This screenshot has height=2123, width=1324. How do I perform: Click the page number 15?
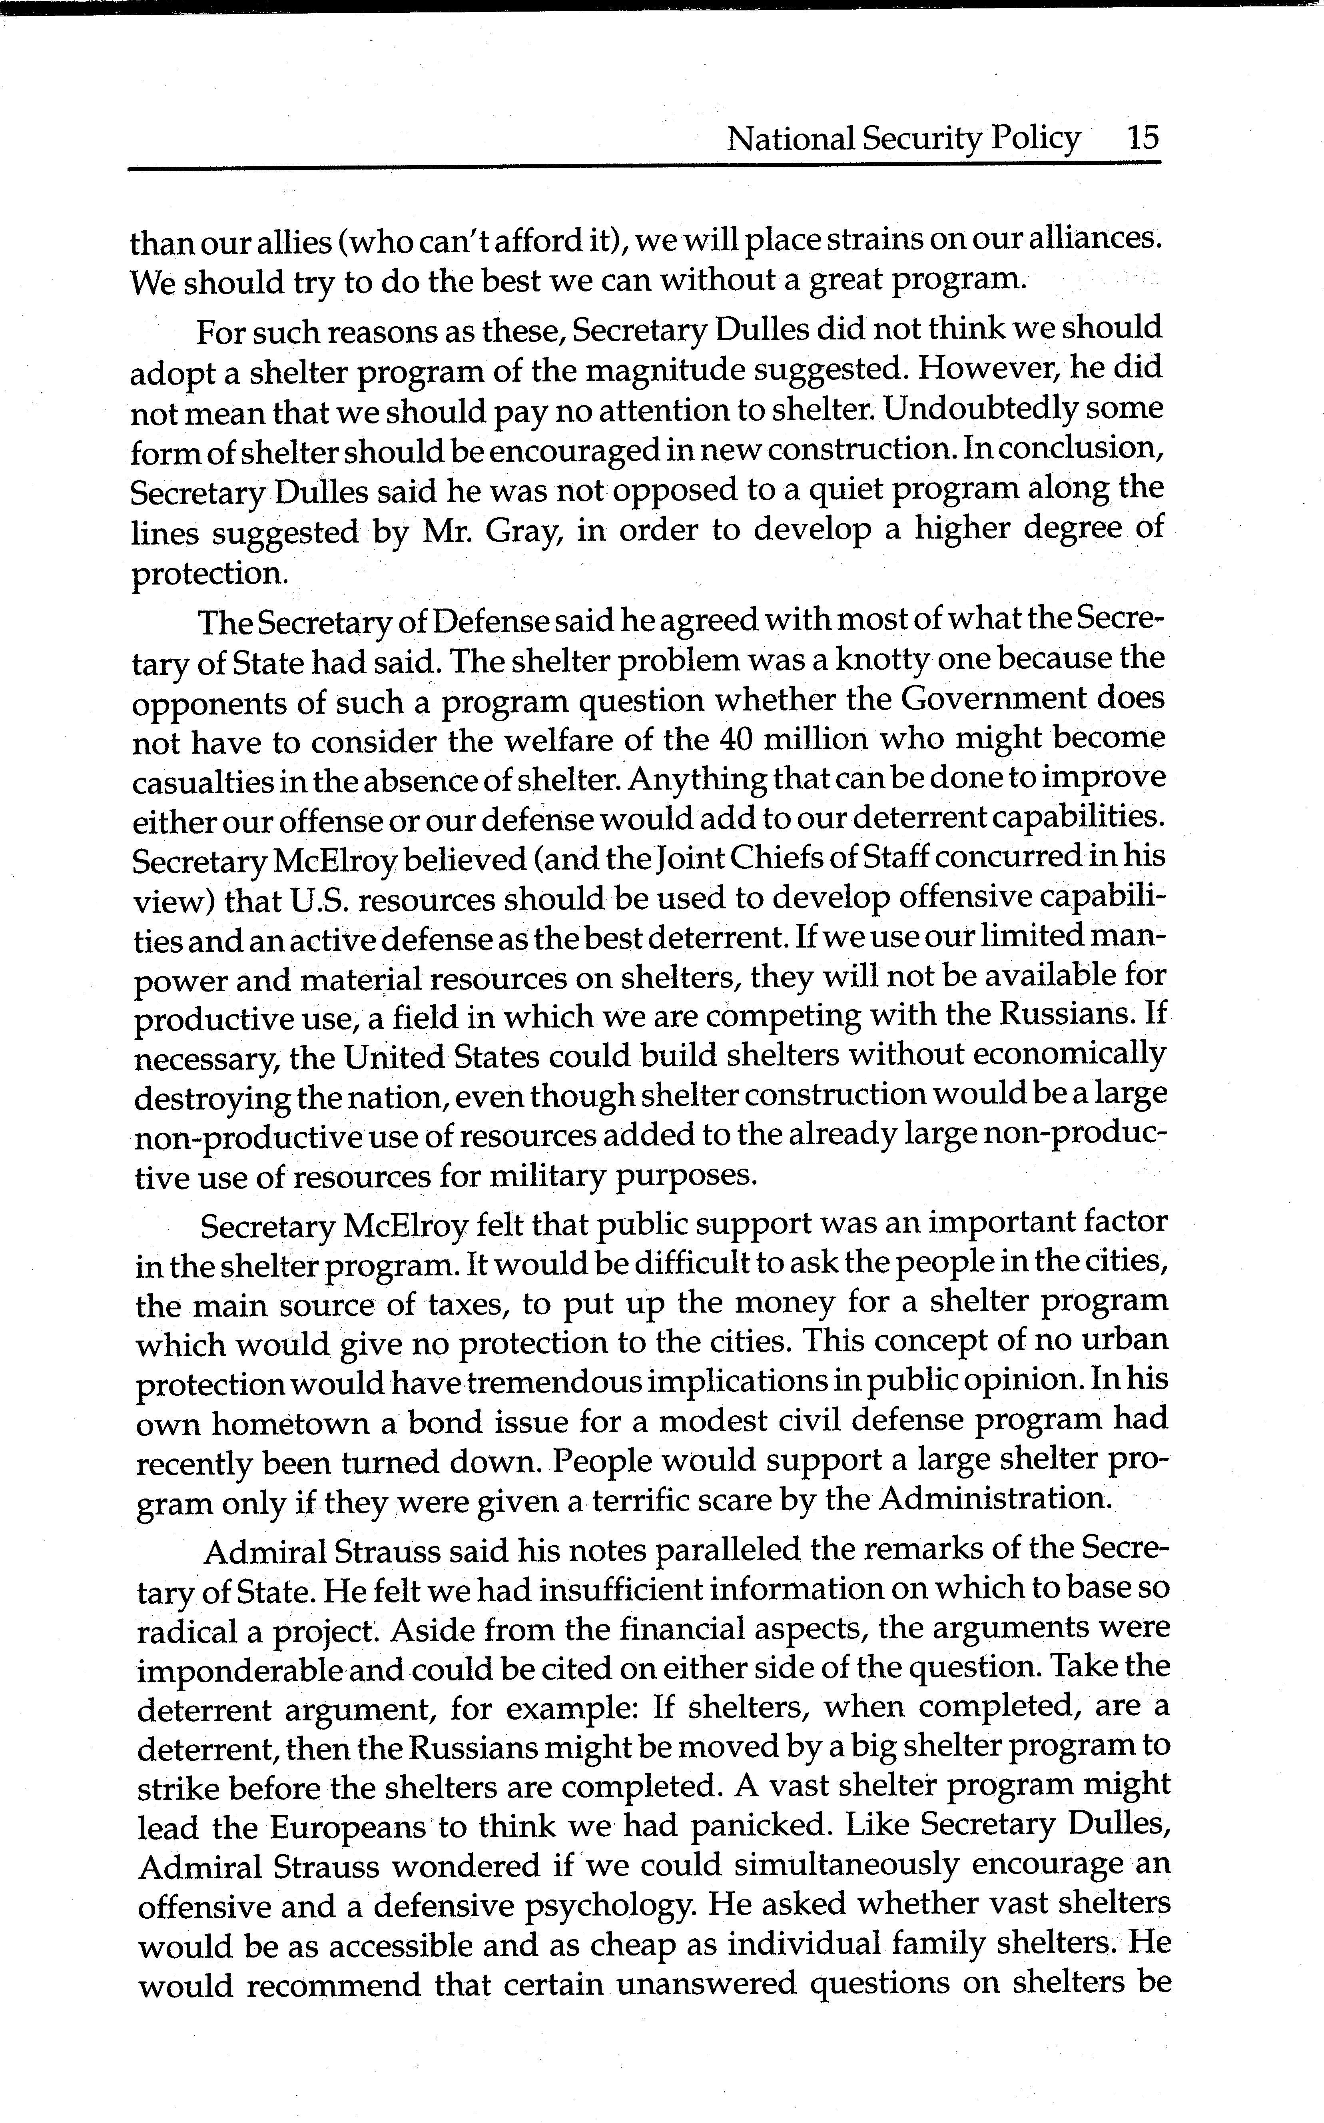[1143, 138]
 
